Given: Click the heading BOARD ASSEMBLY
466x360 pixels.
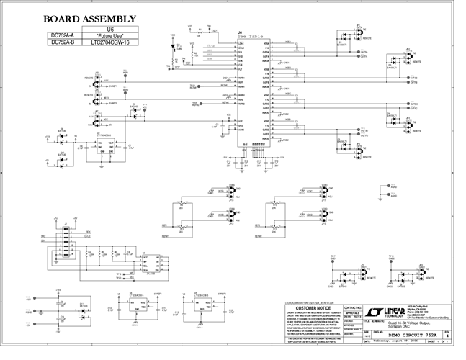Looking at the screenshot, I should coord(89,18).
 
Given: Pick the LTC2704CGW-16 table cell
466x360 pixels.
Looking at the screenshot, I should coord(110,42).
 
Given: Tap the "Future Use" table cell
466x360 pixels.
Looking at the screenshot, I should coord(110,35).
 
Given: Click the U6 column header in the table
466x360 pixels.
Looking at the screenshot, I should coord(110,29).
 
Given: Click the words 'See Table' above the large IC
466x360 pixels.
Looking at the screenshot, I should coord(247,36).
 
